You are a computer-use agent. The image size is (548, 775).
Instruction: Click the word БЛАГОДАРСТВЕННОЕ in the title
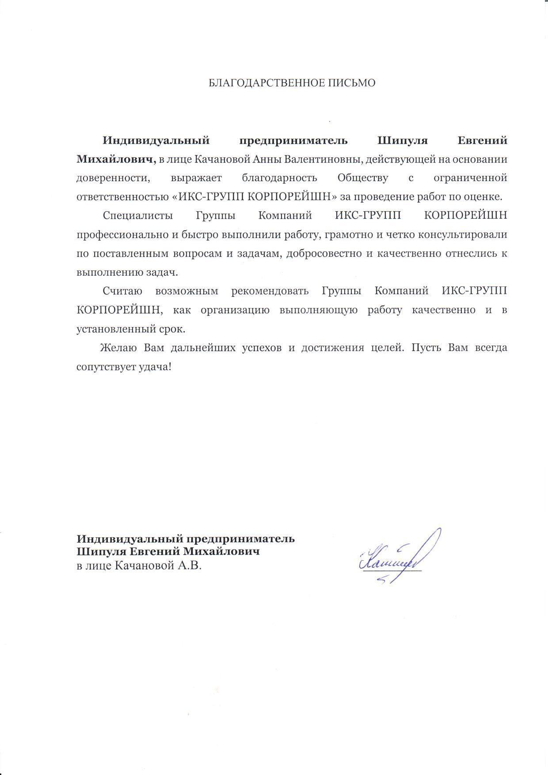tap(259, 83)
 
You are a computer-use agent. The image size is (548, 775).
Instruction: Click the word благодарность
tap(279, 178)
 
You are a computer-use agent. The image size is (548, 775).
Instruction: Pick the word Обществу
tap(363, 178)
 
